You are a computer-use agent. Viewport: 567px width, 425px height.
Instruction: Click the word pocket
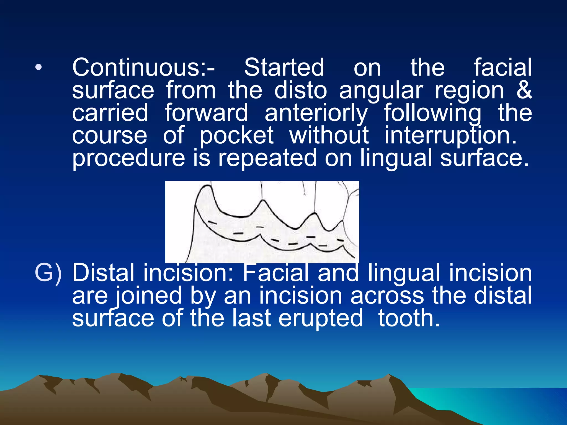[237, 136]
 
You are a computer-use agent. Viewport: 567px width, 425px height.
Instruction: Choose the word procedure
[128, 158]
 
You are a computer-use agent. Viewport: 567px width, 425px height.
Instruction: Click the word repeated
[267, 158]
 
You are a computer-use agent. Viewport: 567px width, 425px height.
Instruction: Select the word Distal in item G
[103, 273]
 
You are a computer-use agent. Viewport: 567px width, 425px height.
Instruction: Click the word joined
[148, 296]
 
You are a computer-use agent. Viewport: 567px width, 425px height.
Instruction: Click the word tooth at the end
[409, 318]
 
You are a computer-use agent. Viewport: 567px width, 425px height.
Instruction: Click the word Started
[284, 68]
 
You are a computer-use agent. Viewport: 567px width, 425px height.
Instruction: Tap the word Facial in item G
[275, 273]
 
